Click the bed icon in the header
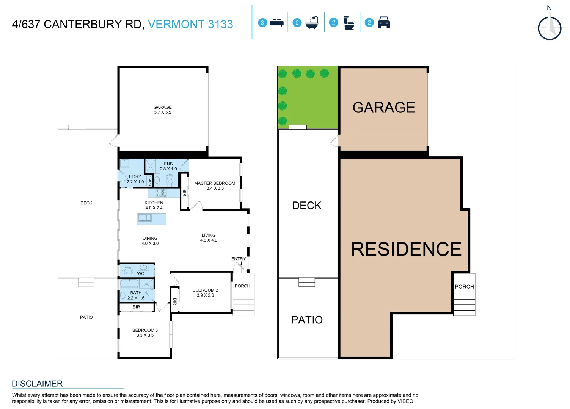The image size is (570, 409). [x=276, y=23]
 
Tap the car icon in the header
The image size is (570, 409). [x=384, y=23]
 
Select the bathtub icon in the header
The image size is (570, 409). [x=312, y=23]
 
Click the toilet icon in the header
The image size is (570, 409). [x=348, y=23]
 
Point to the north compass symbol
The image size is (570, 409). [x=550, y=28]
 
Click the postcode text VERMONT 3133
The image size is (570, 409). [x=190, y=24]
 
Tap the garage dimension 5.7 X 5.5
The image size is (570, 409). [x=163, y=112]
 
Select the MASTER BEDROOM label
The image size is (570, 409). [x=215, y=183]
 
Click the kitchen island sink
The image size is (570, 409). [x=144, y=218]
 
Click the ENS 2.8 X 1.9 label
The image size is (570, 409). [x=168, y=167]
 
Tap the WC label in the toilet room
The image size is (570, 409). [x=141, y=273]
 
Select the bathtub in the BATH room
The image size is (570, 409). [x=129, y=284]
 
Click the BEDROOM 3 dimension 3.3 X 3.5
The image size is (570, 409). [x=145, y=336]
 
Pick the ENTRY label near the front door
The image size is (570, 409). [x=239, y=259]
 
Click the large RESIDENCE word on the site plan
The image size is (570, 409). [x=406, y=250]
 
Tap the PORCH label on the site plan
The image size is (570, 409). [x=464, y=287]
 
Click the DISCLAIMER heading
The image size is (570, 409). [x=37, y=384]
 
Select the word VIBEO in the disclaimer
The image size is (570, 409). [x=405, y=401]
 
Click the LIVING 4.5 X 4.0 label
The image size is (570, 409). [x=209, y=238]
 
